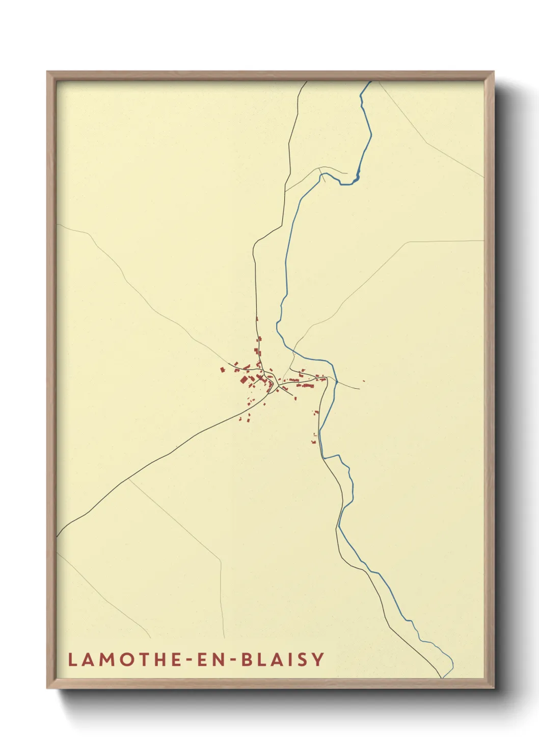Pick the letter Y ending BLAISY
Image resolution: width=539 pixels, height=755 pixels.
point(318,659)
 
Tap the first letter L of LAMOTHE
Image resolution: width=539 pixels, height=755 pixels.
point(72,659)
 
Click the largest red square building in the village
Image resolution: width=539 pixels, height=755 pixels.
point(244,380)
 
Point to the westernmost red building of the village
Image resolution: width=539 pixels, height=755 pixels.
point(222,370)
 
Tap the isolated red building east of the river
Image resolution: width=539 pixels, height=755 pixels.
point(363,381)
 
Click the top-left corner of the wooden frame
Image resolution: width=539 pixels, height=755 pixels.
point(47,72)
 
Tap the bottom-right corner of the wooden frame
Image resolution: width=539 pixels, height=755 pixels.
point(494,688)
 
